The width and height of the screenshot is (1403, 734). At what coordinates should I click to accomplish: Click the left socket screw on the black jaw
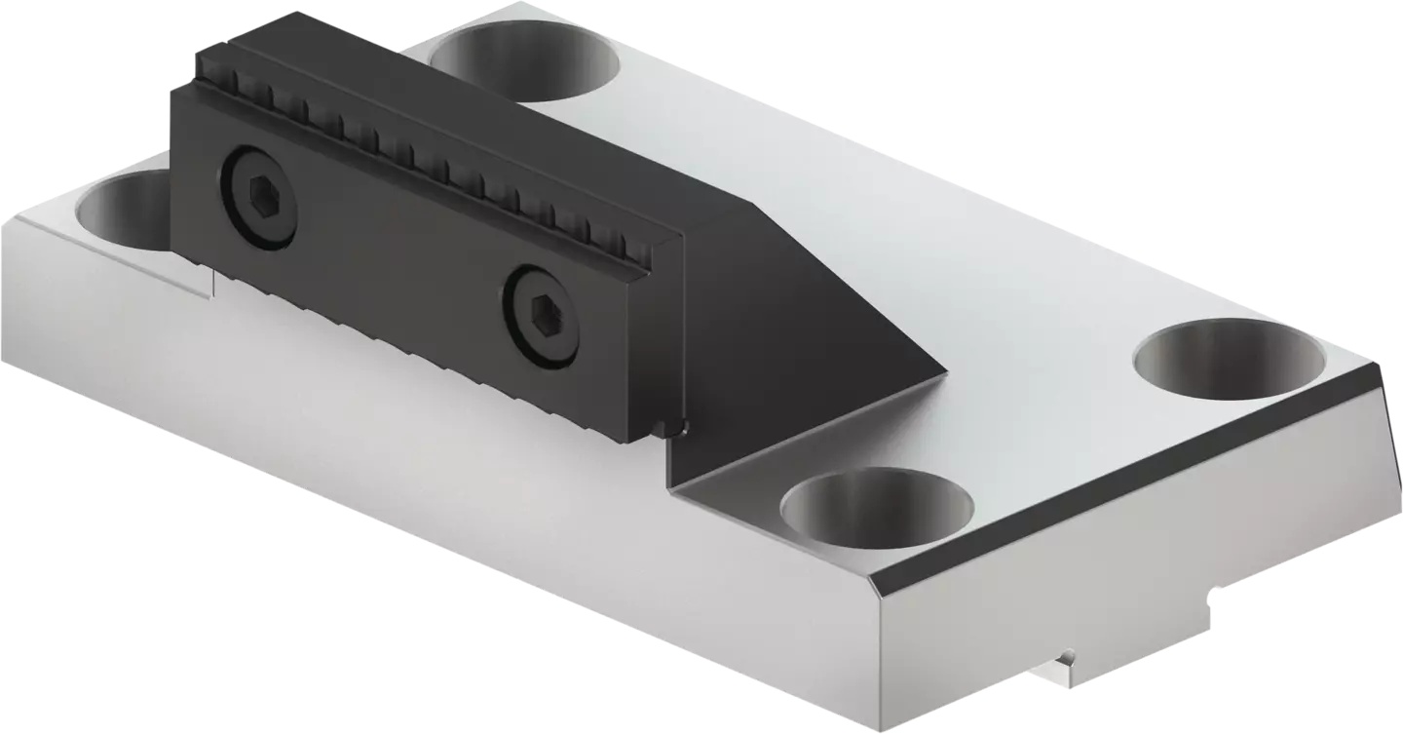258,197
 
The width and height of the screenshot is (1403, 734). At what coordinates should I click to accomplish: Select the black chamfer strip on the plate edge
1120,478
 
